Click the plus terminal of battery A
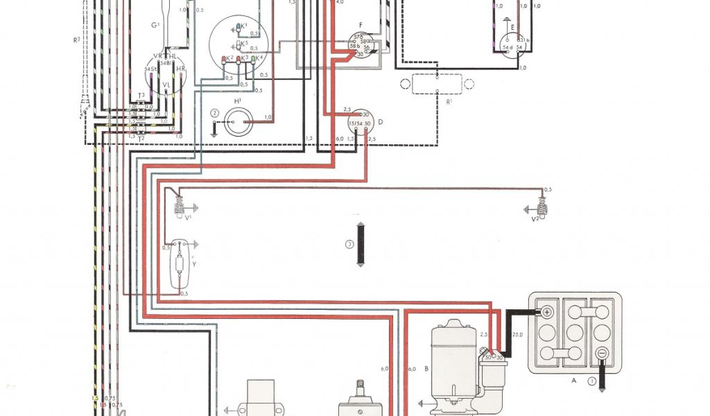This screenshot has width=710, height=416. coord(547,312)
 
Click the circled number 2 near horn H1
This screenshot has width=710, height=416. coord(215,113)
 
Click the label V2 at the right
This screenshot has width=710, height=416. coord(535,219)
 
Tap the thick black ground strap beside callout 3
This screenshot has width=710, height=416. coord(361,243)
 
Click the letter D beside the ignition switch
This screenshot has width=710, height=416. coord(381,122)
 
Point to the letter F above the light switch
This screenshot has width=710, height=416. coord(360,31)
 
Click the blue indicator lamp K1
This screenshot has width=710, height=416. coord(239,27)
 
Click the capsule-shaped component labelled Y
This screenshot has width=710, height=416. coord(182,264)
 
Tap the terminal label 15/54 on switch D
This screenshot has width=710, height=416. coord(355,123)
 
